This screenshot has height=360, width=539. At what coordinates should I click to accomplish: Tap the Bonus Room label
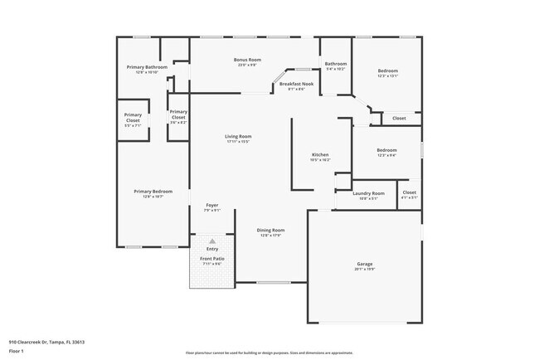[247, 60]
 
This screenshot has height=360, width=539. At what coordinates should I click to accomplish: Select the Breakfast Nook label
[296, 84]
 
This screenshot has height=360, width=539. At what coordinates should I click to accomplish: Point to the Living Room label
[238, 136]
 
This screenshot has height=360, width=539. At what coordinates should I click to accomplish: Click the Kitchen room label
[320, 155]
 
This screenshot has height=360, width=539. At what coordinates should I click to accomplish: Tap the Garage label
[365, 264]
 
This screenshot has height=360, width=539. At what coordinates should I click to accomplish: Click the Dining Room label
[272, 230]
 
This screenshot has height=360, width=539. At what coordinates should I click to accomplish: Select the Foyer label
[212, 205]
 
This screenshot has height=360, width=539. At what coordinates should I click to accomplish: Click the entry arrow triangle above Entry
[212, 241]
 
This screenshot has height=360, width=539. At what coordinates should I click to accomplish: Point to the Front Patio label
[212, 259]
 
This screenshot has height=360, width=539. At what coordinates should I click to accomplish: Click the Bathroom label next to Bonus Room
[336, 64]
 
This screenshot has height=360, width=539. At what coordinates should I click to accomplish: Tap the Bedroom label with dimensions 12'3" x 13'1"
[388, 71]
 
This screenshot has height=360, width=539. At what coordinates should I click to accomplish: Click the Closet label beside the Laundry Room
[410, 192]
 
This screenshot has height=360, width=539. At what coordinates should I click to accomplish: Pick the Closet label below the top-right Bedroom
[399, 119]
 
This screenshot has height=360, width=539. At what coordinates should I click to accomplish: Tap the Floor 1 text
[16, 351]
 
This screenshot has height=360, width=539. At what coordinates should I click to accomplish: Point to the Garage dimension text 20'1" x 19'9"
[365, 270]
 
